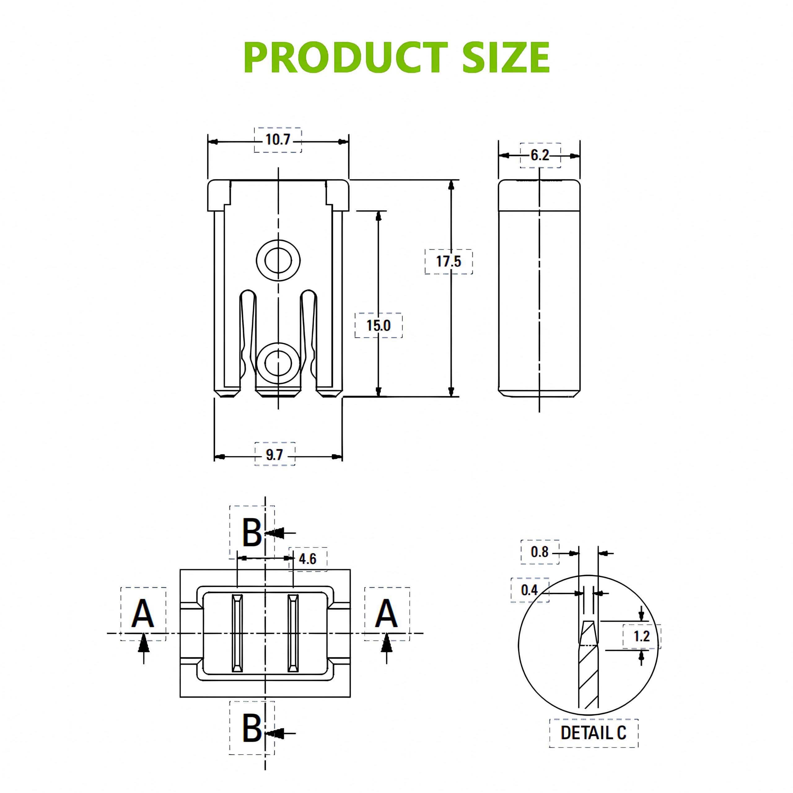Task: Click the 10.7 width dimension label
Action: click(x=278, y=140)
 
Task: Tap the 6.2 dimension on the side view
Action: click(x=540, y=155)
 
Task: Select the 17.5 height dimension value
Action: click(x=448, y=261)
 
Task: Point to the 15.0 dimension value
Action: click(x=379, y=326)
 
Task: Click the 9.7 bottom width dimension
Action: click(x=274, y=455)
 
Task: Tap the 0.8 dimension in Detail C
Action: click(x=539, y=552)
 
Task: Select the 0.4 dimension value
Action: click(x=529, y=590)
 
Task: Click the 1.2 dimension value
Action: click(x=642, y=637)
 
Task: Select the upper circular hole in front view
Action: click(x=278, y=260)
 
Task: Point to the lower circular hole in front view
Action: click(x=278, y=363)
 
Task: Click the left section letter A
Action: click(x=142, y=614)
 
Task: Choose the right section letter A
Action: click(x=386, y=614)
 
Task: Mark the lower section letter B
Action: click(x=252, y=728)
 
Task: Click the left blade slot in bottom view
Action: click(x=238, y=633)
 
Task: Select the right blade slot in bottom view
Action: click(x=293, y=633)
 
